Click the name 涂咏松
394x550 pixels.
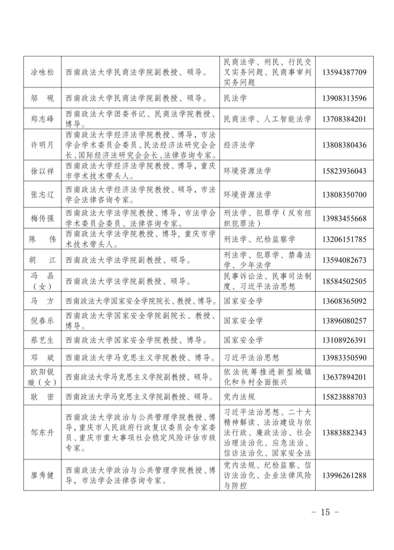pos(42,72)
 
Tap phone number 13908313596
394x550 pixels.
pos(344,98)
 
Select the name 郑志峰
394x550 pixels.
pos(42,119)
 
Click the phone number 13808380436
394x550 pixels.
pos(344,145)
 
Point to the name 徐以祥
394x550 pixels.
pos(42,171)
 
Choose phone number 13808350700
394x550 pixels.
pos(344,195)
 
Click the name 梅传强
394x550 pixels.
pos(42,218)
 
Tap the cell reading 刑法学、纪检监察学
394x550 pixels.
pos(259,239)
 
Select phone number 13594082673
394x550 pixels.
pos(344,260)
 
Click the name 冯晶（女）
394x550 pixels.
pos(42,281)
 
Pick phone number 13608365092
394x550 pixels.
pos(344,301)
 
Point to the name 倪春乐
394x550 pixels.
pos(42,321)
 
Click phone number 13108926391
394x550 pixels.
pos(344,340)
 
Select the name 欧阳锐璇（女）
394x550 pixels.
pos(42,377)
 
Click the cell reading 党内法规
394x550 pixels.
pos(239,397)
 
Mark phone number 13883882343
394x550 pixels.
pos(344,433)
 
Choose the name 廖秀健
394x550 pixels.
pos(42,475)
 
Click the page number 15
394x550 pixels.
pos(325,512)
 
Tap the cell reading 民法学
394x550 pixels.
pos(235,98)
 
